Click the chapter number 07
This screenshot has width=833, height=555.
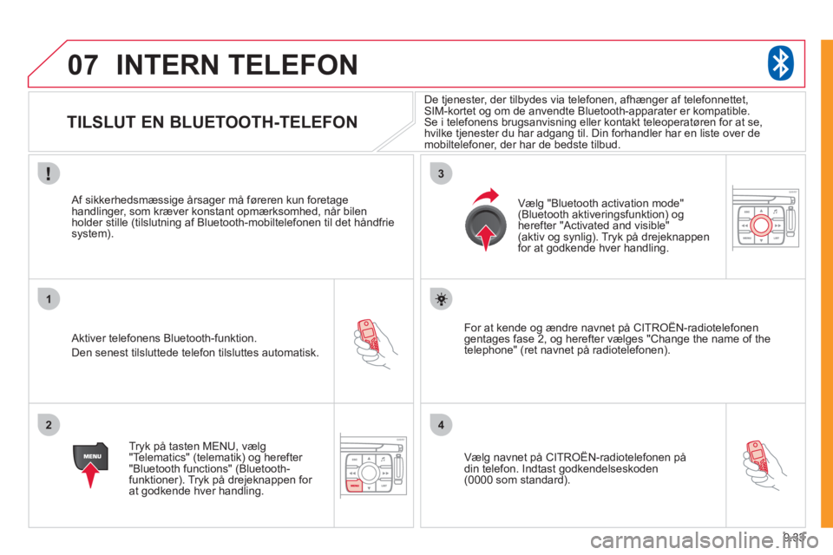pos(83,65)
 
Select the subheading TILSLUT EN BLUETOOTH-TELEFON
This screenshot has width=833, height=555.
pos(212,123)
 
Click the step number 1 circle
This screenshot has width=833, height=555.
pos(49,300)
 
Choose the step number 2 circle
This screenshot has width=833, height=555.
pos(49,425)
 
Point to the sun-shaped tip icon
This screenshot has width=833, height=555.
pos(441,299)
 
